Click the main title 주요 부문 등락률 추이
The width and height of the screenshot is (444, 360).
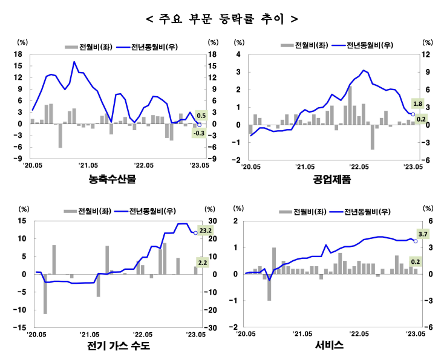tap(222, 19)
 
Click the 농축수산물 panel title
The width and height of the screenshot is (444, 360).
tap(113, 179)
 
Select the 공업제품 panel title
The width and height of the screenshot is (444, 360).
tap(331, 179)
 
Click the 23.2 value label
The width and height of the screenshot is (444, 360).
tap(205, 230)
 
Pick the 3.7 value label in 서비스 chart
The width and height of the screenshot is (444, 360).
tap(423, 234)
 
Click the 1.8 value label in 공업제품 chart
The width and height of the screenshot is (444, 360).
tap(417, 103)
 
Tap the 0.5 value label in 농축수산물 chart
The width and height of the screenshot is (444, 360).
tap(201, 116)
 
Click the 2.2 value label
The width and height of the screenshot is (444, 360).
tap(202, 262)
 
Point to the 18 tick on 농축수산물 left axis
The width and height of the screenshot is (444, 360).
tap(18, 54)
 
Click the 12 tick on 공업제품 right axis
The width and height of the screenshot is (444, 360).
tap(426, 54)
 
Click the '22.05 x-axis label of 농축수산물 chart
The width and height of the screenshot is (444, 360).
tap(144, 165)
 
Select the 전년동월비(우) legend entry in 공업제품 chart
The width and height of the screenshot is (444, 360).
tap(363, 45)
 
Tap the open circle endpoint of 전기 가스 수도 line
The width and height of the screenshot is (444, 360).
tap(195, 233)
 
